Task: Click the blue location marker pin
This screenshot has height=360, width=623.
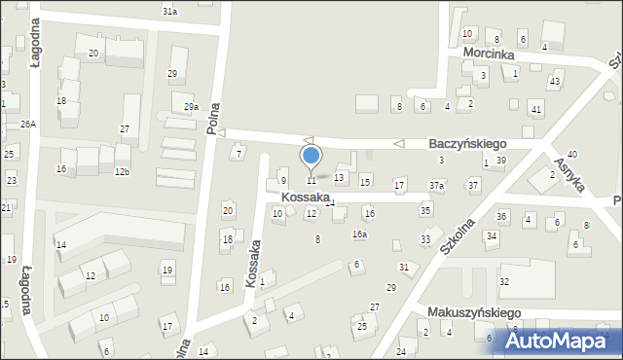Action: click(x=311, y=156)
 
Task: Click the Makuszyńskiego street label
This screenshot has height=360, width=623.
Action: click(x=474, y=312)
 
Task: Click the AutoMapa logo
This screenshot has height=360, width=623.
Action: click(x=565, y=340)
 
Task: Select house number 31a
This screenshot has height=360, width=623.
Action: click(x=169, y=11)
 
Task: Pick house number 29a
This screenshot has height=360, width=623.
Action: click(x=191, y=107)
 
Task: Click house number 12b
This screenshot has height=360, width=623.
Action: click(x=122, y=172)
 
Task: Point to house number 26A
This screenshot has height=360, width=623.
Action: click(x=28, y=124)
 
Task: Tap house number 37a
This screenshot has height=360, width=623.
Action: click(x=437, y=185)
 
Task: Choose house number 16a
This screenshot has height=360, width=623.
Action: click(x=359, y=234)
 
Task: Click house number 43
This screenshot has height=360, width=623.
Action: click(x=554, y=81)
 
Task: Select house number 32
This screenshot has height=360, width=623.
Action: click(x=504, y=281)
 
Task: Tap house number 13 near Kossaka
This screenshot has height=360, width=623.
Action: click(x=339, y=177)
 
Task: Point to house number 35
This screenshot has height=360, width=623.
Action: click(x=425, y=210)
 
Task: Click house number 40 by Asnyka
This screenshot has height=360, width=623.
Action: click(x=572, y=154)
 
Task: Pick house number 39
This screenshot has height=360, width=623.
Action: click(x=500, y=160)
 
